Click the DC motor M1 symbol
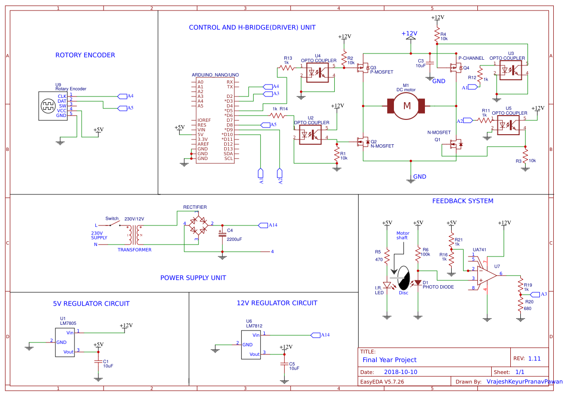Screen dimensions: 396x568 [407, 105]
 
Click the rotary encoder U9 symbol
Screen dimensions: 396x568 [48, 105]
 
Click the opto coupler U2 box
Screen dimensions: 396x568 [310, 134]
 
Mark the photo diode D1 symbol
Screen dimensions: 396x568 [418, 283]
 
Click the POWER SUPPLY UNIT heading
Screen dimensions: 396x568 [193, 278]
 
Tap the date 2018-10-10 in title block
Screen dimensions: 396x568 [401, 372]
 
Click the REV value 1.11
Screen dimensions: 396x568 [534, 358]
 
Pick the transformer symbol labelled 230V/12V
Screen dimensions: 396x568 [134, 234]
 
